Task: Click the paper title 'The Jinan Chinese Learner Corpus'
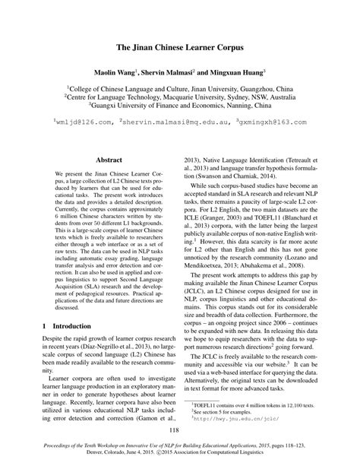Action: (179, 46)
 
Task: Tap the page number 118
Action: (179, 430)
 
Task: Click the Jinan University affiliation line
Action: (179, 87)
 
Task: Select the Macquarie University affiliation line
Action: (179, 97)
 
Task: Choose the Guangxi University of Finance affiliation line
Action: (179, 107)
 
